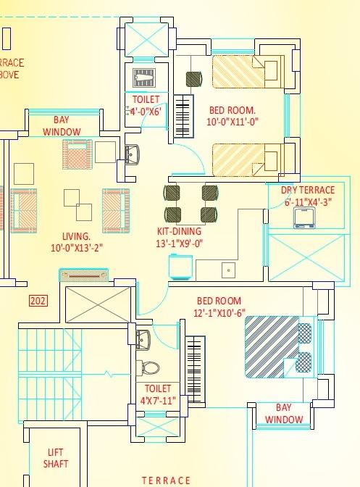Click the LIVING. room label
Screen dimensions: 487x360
click(x=76, y=236)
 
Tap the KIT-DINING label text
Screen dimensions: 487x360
click(x=180, y=232)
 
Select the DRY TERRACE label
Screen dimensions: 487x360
click(x=308, y=191)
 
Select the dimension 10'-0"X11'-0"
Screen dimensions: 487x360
click(x=232, y=122)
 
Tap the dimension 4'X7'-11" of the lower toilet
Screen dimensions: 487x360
click(x=157, y=399)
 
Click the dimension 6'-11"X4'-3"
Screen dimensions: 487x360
click(x=307, y=202)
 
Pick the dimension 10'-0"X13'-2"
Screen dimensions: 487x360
click(x=76, y=248)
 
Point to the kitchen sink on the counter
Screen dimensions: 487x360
click(x=229, y=270)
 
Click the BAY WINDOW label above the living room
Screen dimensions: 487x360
click(x=62, y=126)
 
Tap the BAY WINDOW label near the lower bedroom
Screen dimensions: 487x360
click(x=283, y=414)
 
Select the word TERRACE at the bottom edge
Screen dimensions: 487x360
click(x=166, y=480)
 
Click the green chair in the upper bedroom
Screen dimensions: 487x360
click(x=193, y=78)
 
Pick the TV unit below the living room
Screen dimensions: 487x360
click(x=83, y=275)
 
